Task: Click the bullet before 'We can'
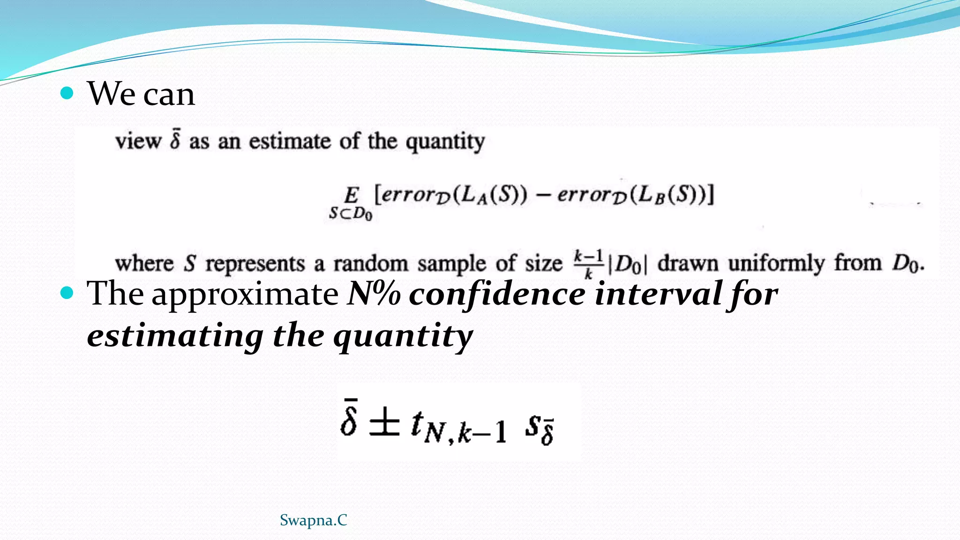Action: pos(67,93)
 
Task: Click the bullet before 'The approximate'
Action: pos(67,293)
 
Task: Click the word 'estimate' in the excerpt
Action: pos(290,141)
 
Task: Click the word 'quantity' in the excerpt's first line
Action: pos(445,142)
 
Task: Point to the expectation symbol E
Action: pos(352,195)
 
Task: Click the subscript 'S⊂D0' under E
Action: pos(351,214)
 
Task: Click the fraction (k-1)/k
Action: pos(588,263)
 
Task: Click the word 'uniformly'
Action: pos(776,263)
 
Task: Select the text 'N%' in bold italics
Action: pos(374,294)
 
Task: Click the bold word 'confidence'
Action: pos(497,294)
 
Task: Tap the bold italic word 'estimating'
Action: pos(175,336)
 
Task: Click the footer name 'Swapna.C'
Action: pos(313,520)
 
